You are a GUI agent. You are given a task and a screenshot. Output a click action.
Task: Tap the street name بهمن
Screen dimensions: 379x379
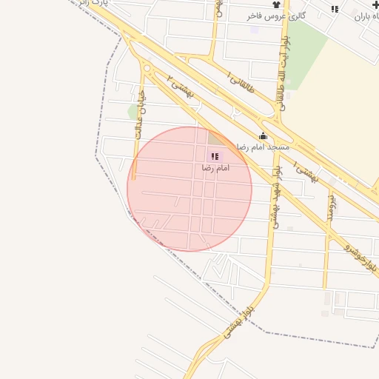click(x=219, y=9)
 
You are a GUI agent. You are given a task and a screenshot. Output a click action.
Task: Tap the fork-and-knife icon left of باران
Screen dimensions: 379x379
click(x=335, y=9)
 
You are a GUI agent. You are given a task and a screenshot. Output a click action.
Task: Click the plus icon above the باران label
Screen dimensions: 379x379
click(x=376, y=4)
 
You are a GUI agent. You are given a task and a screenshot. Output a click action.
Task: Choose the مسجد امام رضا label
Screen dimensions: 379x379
click(x=263, y=147)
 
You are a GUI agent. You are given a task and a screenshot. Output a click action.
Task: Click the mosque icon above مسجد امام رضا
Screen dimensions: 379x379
click(x=263, y=135)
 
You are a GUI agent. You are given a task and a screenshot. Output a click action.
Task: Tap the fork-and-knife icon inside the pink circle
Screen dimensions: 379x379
click(x=215, y=156)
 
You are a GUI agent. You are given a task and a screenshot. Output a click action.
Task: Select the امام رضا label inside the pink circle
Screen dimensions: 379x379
click(x=215, y=168)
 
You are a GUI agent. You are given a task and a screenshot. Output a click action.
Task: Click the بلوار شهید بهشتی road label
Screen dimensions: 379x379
click(x=275, y=196)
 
